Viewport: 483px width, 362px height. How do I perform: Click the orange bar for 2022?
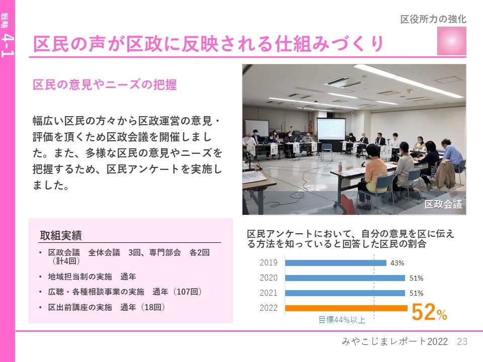tap(346, 308)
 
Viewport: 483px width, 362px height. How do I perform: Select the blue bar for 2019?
tap(336, 262)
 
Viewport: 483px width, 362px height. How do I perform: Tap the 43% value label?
tap(397, 263)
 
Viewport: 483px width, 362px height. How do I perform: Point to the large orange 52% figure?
tap(429, 312)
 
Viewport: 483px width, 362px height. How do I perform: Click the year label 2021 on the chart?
tap(268, 293)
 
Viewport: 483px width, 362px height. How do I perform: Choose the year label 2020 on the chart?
tap(268, 278)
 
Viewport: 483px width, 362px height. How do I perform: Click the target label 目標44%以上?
tap(342, 320)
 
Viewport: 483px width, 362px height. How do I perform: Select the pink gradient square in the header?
tap(452, 41)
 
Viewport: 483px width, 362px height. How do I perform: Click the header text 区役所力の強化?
tap(433, 19)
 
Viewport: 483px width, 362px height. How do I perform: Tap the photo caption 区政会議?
tap(443, 204)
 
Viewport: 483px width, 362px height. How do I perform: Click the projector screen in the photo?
tap(331, 129)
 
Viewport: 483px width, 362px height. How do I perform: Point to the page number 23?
tap(462, 341)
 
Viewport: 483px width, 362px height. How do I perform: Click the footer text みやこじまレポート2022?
tap(394, 341)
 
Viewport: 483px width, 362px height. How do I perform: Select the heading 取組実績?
tap(61, 235)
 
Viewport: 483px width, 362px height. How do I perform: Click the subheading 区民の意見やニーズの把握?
tap(105, 84)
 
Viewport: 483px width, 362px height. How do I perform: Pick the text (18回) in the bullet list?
tap(153, 307)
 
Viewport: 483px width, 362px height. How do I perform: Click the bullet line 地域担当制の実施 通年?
tap(92, 277)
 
